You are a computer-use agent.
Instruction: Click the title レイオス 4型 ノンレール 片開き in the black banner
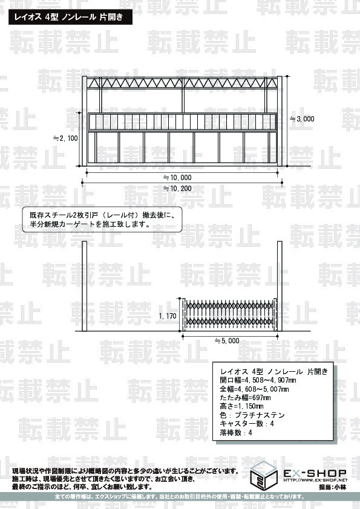click(x=68, y=17)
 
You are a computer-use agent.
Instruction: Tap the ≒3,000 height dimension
click(x=302, y=119)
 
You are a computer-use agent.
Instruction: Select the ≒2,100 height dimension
click(x=65, y=138)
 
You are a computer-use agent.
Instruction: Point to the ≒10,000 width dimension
click(x=177, y=178)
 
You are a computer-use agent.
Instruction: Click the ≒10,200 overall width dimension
click(x=177, y=188)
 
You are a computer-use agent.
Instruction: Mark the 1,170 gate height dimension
click(x=168, y=316)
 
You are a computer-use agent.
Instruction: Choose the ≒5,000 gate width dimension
click(x=227, y=341)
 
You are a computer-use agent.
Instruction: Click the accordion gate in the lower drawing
click(x=230, y=314)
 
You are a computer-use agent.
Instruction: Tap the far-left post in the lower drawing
click(x=85, y=286)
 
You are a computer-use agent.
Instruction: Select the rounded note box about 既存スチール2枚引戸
click(x=102, y=219)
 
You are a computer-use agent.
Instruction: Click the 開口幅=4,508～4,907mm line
click(x=258, y=380)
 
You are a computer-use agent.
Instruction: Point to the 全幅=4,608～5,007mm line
click(x=254, y=389)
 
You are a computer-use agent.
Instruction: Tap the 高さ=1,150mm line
click(x=242, y=406)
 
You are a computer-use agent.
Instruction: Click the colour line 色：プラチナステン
click(x=252, y=415)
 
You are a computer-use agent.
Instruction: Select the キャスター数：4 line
click(x=247, y=424)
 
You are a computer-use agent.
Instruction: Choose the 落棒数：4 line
click(x=236, y=433)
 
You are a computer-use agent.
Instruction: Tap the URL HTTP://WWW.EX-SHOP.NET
click(x=315, y=480)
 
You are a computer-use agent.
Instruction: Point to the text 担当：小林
click(x=332, y=487)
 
